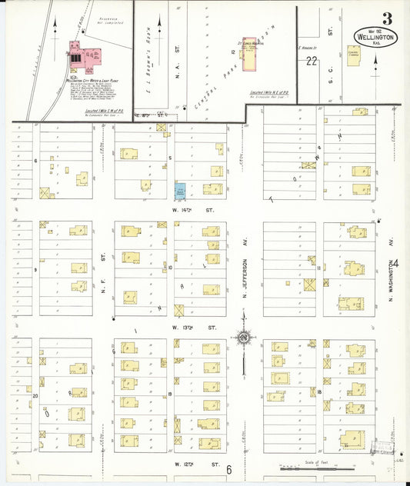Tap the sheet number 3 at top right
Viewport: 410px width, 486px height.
pos(385,18)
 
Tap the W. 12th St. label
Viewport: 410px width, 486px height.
pos(189,464)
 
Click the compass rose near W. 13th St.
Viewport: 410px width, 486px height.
pos(244,337)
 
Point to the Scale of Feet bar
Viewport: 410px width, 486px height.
pos(308,466)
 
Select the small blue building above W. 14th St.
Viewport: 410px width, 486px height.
pos(180,189)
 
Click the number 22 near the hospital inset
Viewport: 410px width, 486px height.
pos(311,61)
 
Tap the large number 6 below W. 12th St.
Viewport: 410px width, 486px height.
pos(228,469)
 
